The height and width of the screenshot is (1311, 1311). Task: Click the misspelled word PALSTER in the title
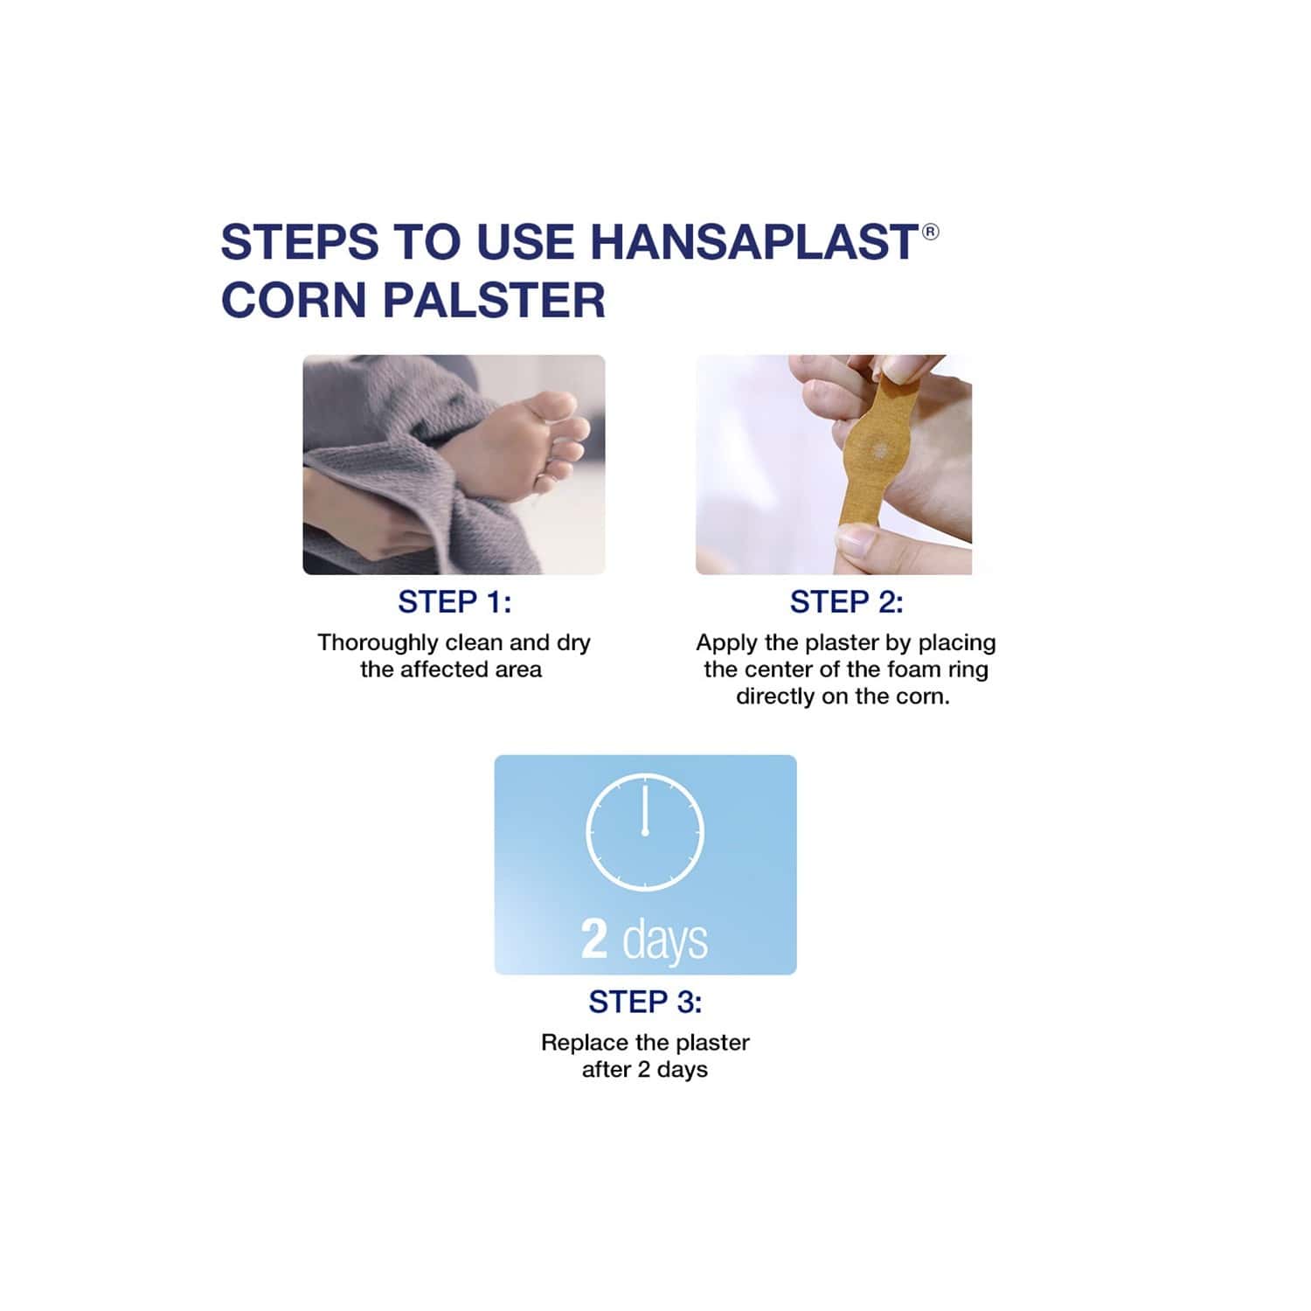pyautogui.click(x=494, y=300)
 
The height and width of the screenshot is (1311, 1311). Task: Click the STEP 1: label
pyautogui.click(x=454, y=602)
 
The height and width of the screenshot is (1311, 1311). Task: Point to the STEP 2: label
pyautogui.click(x=846, y=602)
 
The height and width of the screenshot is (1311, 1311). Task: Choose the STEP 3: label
pyautogui.click(x=645, y=1002)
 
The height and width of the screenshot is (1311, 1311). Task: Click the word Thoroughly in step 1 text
pyautogui.click(x=377, y=642)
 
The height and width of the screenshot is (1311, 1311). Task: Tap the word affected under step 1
pyautogui.click(x=447, y=669)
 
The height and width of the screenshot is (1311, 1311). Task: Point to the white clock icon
pyautogui.click(x=645, y=832)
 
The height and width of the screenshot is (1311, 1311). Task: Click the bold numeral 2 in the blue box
pyautogui.click(x=594, y=940)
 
